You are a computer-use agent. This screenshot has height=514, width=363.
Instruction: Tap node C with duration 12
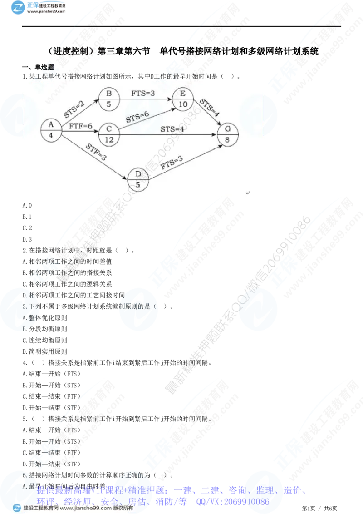(108, 134)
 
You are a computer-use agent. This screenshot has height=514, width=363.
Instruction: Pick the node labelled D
(138, 179)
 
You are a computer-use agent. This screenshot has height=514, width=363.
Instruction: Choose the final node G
(227, 135)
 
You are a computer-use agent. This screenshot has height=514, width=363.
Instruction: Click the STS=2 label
(74, 109)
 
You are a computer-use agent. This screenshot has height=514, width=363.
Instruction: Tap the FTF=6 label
(80, 126)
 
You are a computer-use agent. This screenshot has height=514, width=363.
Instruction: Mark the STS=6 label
(137, 117)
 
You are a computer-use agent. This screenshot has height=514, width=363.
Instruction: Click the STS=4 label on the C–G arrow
(172, 129)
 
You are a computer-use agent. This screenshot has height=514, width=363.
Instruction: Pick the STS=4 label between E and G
(209, 108)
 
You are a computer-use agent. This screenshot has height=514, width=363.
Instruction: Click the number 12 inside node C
(108, 140)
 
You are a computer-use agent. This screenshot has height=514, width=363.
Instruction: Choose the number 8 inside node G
(227, 140)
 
